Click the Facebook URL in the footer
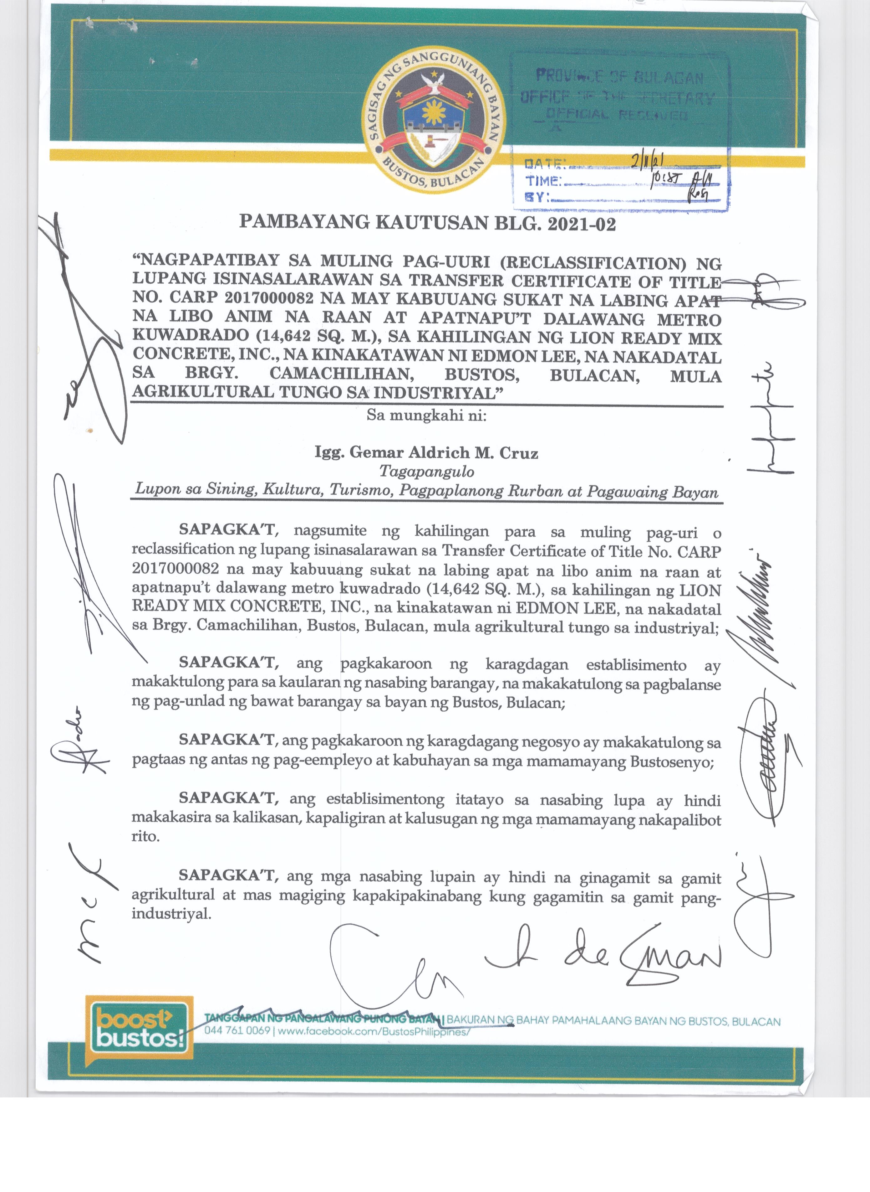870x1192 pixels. pos(373,1031)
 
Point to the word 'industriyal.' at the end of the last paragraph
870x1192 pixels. pos(171,913)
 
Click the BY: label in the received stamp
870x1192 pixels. pos(537,197)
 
